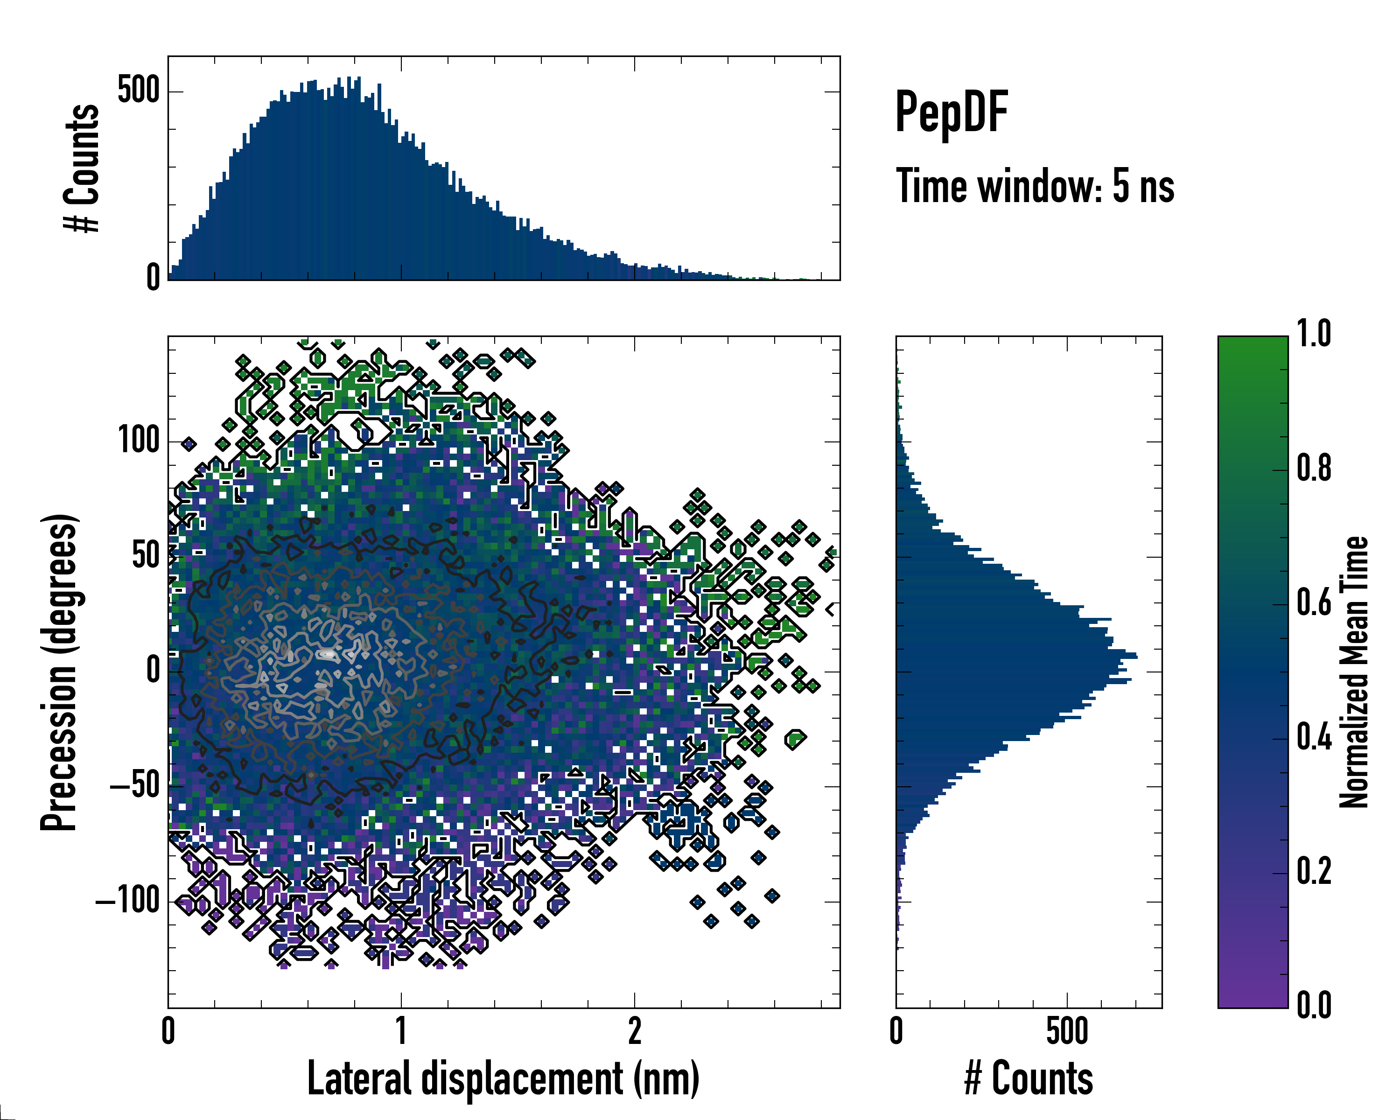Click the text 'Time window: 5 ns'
pos(1035,186)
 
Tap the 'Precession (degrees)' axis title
pos(60,672)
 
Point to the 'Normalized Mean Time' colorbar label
pos(1354,672)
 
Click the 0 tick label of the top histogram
pos(153,278)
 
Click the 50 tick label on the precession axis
pos(146,556)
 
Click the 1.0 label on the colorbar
pos(1314,335)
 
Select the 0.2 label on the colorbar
pos(1314,871)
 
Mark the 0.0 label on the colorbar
pos(1314,1005)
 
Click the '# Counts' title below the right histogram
pos(1029,1078)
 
